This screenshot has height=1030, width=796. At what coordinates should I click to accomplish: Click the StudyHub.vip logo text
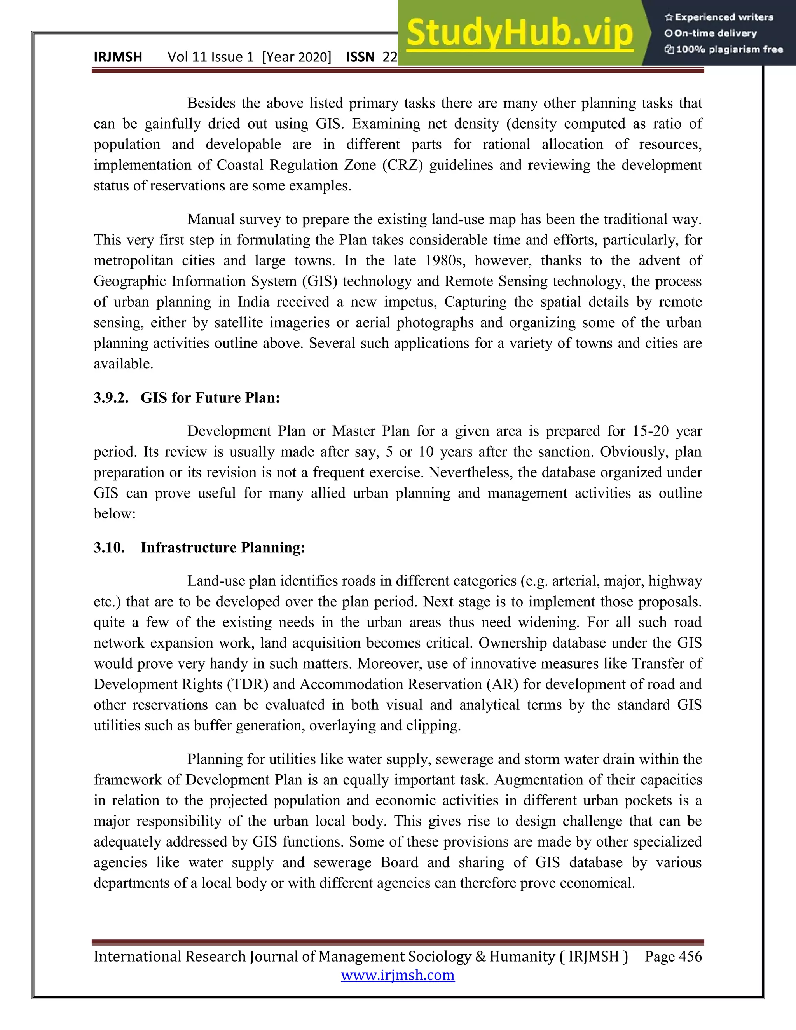pos(519,33)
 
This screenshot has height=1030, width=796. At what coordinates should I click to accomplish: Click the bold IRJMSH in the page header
pos(118,57)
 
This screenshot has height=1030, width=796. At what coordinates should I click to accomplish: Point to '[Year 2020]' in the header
pos(297,57)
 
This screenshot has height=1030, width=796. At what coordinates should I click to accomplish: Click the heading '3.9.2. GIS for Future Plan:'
pos(187,398)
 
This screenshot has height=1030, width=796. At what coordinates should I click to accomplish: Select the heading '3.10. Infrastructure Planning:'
pos(199,548)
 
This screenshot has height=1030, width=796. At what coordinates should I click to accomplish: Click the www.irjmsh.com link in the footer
pos(398,975)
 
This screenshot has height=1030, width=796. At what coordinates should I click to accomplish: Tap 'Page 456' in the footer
pos(674,957)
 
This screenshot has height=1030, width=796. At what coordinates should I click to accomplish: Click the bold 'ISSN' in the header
pos(360,57)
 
